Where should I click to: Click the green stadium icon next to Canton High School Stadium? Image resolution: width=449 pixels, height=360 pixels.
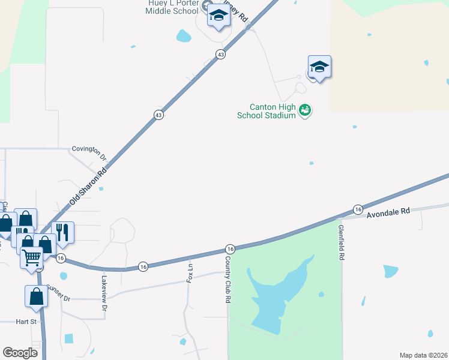306,110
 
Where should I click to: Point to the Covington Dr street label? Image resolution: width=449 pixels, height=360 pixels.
89,152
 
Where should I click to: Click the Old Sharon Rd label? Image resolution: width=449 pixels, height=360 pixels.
88,186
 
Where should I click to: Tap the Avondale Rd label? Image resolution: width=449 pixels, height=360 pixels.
388,211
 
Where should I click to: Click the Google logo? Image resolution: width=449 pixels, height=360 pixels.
20,353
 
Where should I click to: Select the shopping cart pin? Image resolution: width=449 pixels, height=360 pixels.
32,259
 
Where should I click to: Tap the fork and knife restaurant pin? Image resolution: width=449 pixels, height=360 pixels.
62,232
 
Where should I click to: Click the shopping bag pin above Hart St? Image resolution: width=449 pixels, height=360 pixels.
36,296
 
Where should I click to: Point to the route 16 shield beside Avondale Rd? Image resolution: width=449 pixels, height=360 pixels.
358,209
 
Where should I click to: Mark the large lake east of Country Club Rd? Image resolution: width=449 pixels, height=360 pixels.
276,297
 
